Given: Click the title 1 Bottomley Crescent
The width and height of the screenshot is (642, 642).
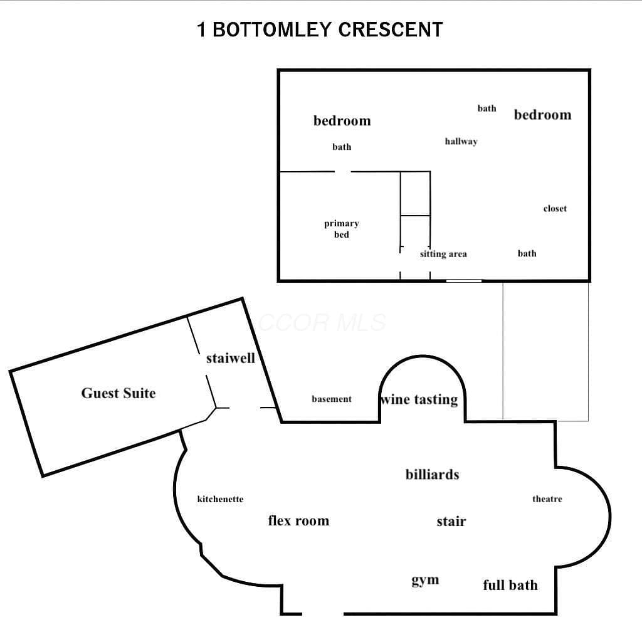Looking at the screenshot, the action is coord(320,29).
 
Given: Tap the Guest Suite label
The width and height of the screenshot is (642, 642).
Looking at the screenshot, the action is coord(118,393).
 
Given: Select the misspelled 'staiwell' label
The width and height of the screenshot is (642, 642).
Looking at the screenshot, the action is coord(231,358).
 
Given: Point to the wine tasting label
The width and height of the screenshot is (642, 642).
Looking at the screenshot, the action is coord(419,399).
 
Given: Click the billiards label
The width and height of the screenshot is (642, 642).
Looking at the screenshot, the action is coord(433,474).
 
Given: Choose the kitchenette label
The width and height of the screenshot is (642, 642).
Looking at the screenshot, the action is coord(220,498).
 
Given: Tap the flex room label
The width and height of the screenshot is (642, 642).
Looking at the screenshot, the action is coord(298,520).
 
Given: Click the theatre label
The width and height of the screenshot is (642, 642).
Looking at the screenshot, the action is coord(547,498).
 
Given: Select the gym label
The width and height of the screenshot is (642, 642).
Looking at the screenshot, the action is coord(425,580).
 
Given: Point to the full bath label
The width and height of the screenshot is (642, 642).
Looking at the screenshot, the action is coord(510,585).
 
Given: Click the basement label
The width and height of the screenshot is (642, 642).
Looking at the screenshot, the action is coord(332,399).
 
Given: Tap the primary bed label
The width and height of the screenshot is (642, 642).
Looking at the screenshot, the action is coord(342,229).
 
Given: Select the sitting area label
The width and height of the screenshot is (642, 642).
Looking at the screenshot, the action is coord(443,254).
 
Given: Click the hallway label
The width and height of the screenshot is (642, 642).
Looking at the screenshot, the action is coord(461,141).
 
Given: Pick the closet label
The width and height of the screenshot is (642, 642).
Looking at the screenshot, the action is coord(555,208).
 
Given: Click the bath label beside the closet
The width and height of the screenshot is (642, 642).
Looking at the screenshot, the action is coord(527,253).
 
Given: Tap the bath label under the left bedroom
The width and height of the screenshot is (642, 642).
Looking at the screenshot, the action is coord(342,147).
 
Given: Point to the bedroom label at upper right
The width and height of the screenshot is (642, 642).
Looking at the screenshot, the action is coord(542,115).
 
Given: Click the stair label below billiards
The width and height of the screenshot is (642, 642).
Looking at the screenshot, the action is coord(451,521).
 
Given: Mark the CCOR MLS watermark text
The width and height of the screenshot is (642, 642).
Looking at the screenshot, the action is coord(322,322).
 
